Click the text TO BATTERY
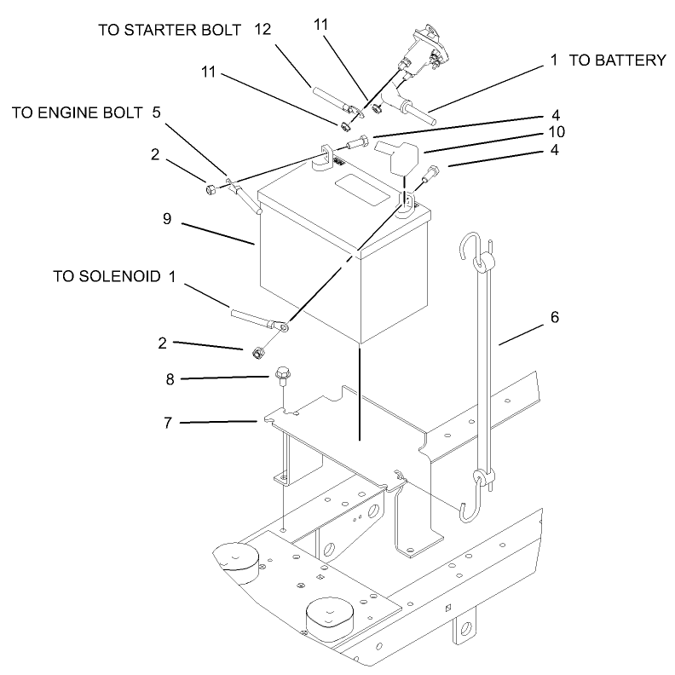pyautogui.click(x=617, y=61)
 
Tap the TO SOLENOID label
pyautogui.click(x=106, y=276)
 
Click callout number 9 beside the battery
pyautogui.click(x=167, y=219)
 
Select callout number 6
pyautogui.click(x=555, y=317)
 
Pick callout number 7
pyautogui.click(x=169, y=421)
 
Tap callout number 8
pyautogui.click(x=170, y=378)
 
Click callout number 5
pyautogui.click(x=156, y=112)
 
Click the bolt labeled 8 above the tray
pyautogui.click(x=283, y=374)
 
